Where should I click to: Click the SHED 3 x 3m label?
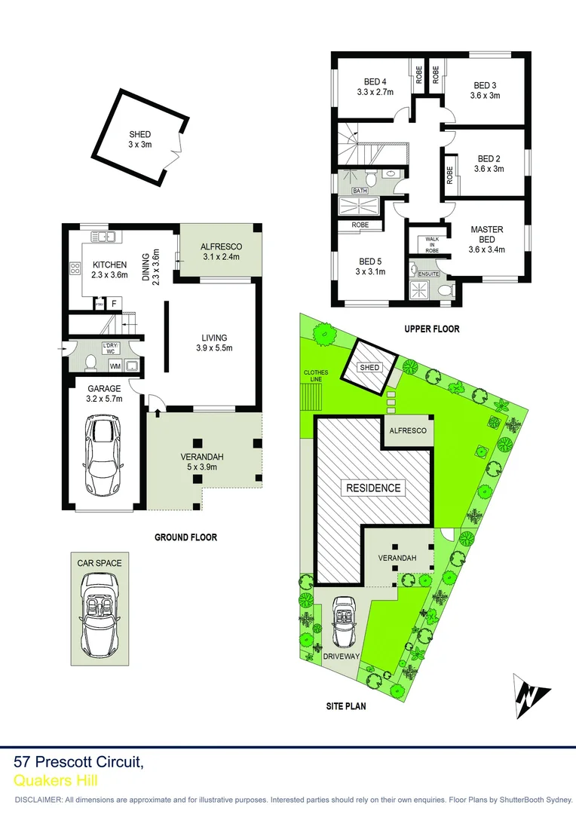pos(139,139)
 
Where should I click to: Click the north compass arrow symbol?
pos(532,694)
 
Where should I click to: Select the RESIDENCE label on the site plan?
pos(373,488)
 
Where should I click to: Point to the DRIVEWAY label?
pos(341,657)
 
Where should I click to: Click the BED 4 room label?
pos(375,87)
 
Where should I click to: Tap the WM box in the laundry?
pos(115,366)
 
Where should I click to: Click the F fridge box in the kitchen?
pos(114,303)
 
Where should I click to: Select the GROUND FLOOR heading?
pos(185,537)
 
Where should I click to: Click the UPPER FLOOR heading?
pos(431,329)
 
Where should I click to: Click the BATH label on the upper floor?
pos(360,191)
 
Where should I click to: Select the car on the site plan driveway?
pos(345,622)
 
